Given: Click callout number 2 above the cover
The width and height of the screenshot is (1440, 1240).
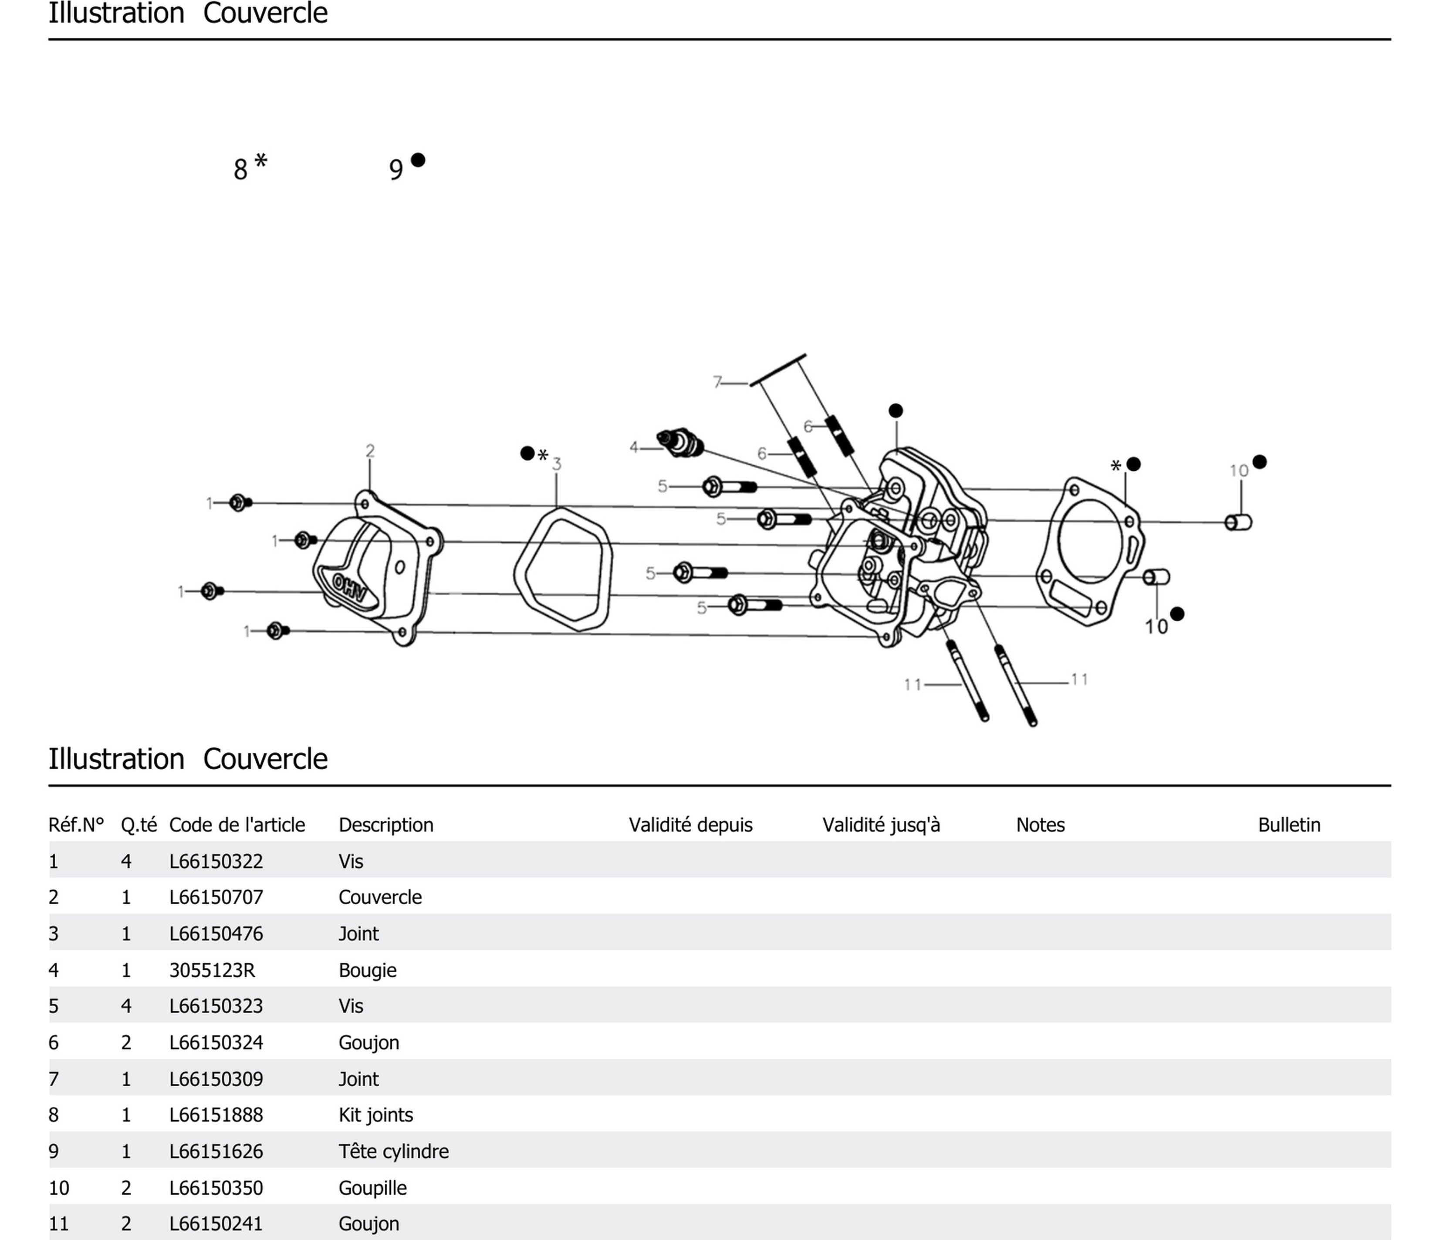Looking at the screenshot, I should tap(370, 451).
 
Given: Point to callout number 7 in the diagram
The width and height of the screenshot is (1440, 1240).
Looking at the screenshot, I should tap(717, 381).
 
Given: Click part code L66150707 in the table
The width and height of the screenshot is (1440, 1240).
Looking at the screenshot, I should tap(216, 897).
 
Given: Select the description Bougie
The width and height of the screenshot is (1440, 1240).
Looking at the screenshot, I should tap(367, 970).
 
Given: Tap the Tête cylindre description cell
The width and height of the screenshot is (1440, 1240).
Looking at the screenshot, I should tap(393, 1151).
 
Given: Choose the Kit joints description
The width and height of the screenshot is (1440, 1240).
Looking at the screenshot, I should tap(375, 1115).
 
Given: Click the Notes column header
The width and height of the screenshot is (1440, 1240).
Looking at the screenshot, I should tap(1040, 825).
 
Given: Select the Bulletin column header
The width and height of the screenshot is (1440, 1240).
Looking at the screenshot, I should tap(1288, 825).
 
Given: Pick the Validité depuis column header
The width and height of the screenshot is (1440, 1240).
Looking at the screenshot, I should tap(690, 825).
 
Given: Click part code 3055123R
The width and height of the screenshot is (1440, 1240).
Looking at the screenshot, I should tap(212, 970).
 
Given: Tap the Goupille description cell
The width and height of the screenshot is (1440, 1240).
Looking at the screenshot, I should tap(372, 1188).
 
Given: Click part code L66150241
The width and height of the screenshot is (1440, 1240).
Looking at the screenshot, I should tap(216, 1223).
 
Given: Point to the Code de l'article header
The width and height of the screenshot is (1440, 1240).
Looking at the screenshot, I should tap(237, 825).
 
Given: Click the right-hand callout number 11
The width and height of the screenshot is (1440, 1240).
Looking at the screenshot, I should tap(1078, 679).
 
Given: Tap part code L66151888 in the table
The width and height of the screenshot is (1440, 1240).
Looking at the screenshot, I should tap(216, 1115).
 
